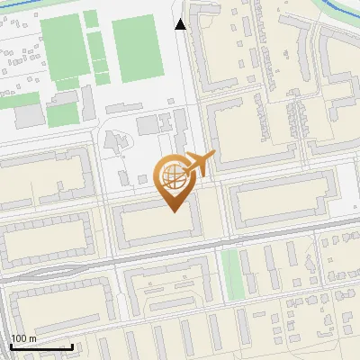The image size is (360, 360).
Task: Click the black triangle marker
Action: click(182, 24)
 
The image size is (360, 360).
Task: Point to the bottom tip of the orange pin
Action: click(172, 211)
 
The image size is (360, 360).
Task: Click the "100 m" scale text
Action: click(23, 338)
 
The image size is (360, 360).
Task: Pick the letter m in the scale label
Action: click(33, 338)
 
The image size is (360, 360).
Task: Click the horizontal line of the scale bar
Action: click(40, 346)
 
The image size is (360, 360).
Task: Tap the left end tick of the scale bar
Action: click(10, 345)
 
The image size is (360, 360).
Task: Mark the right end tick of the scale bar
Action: click(72, 345)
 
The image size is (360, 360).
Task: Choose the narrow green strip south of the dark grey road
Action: click(232, 274)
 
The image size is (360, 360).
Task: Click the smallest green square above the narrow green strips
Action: click(91, 19)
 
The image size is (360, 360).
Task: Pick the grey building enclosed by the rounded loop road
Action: click(115, 142)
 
